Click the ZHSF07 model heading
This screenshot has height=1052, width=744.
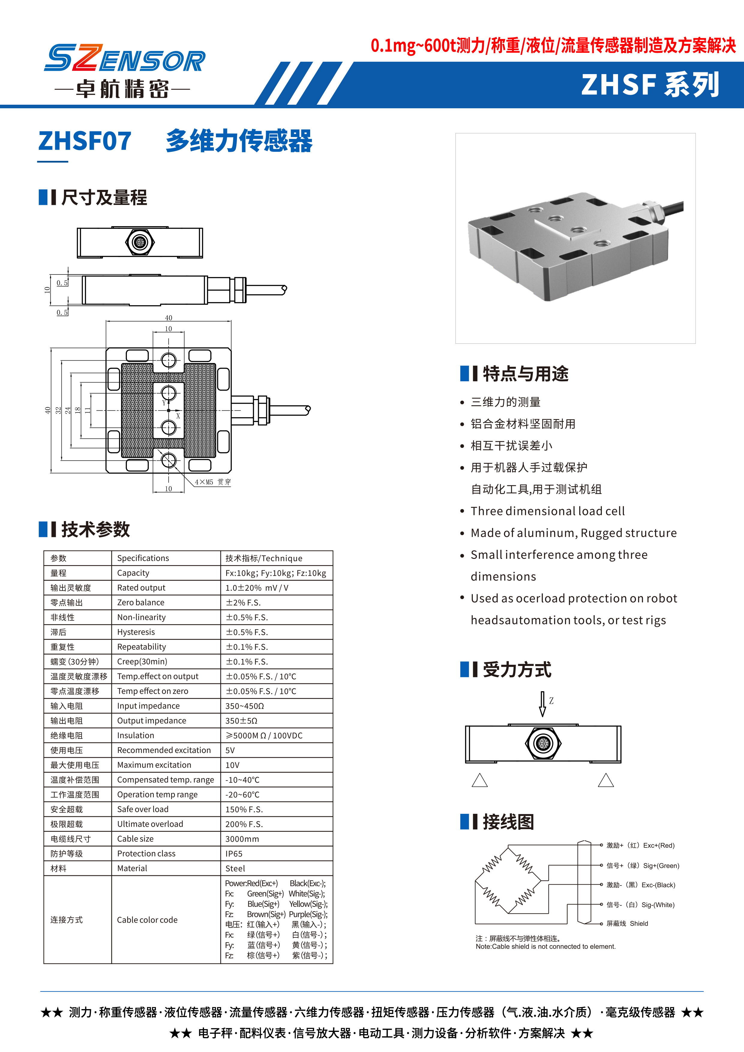click(x=85, y=141)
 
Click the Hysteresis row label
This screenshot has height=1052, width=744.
click(x=136, y=632)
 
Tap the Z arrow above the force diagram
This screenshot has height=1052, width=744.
click(x=542, y=704)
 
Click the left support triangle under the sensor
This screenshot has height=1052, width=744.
click(x=480, y=780)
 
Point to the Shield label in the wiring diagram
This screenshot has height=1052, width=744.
click(x=639, y=924)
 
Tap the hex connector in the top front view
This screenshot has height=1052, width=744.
click(x=140, y=242)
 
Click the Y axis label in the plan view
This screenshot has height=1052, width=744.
click(x=163, y=403)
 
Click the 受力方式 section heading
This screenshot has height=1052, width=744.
click(x=517, y=670)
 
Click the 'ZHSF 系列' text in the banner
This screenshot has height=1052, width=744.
click(x=649, y=85)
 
